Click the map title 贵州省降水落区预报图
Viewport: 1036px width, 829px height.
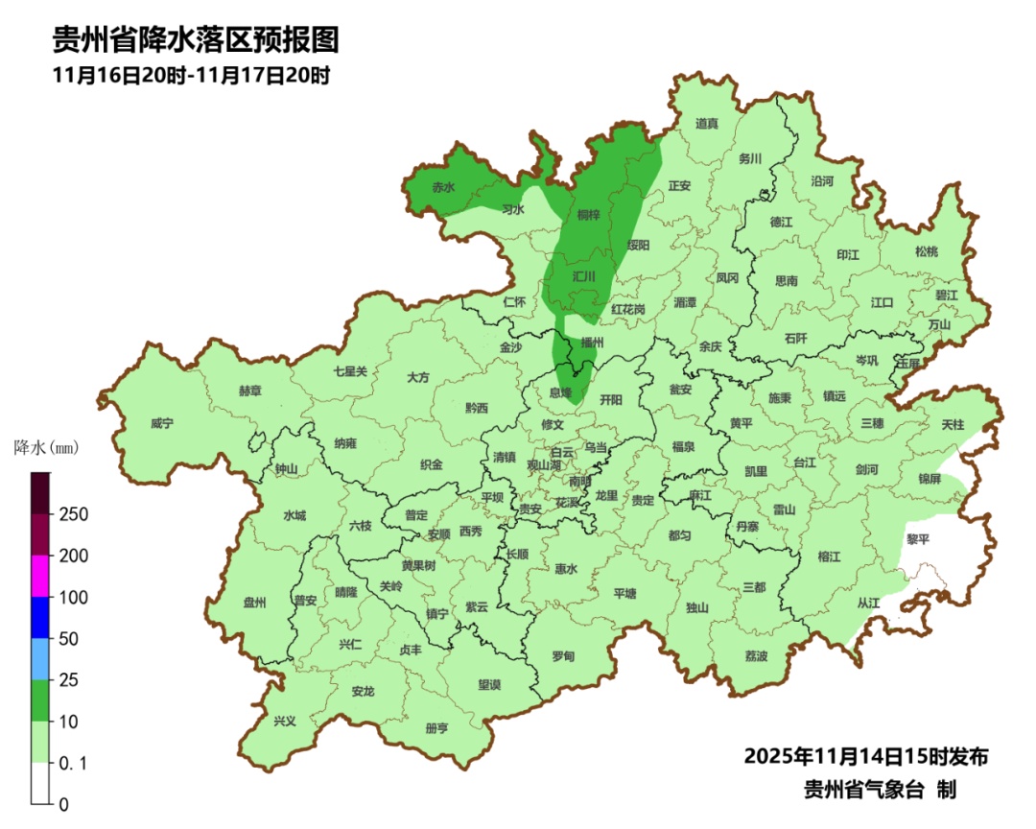196,39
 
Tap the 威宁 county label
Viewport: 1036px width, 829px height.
163,423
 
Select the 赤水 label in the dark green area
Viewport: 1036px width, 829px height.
442,187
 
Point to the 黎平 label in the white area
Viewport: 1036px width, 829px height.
918,539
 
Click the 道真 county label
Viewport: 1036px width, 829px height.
707,123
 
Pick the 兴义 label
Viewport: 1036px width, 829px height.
285,721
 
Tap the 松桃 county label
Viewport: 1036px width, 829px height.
926,251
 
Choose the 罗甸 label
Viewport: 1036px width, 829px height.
563,656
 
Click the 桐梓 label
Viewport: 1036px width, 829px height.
589,215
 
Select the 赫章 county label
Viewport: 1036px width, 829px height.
250,391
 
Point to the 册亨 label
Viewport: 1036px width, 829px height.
436,728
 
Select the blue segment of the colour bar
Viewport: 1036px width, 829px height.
39,617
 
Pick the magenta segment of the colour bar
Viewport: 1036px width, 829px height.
39,576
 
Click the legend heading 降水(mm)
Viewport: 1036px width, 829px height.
45,447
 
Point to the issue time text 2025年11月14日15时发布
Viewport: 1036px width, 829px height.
866,756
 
